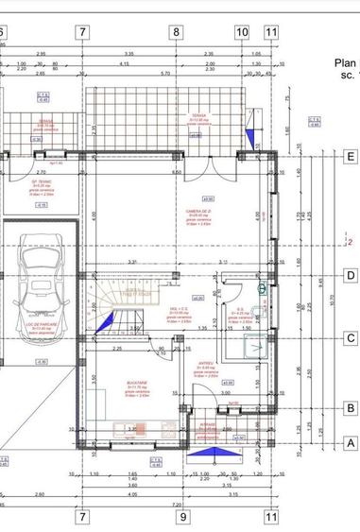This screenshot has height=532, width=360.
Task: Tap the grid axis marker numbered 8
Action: point(175,32)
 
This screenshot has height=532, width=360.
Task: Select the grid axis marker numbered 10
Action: point(242,32)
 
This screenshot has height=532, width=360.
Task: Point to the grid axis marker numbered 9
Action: point(184,517)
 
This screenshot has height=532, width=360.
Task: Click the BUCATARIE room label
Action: point(138,385)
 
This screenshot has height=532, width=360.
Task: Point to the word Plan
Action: point(346,65)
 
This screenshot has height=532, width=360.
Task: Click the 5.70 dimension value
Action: point(165,73)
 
